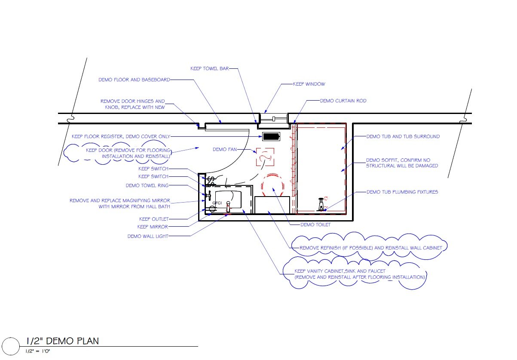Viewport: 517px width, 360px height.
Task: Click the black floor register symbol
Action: pyautogui.click(x=271, y=137)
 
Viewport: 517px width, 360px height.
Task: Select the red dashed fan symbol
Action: pyautogui.click(x=265, y=157)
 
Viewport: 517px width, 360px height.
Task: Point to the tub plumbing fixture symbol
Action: pyautogui.click(x=321, y=204)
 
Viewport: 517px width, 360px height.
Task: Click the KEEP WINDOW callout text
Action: pyautogui.click(x=309, y=84)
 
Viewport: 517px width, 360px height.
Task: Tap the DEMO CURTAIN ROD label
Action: pyautogui.click(x=343, y=101)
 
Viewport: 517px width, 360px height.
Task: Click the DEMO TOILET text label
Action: pyautogui.click(x=316, y=225)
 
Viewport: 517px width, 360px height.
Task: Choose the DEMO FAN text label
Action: pyautogui.click(x=223, y=149)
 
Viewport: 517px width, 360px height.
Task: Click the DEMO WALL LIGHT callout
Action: pyautogui.click(x=148, y=236)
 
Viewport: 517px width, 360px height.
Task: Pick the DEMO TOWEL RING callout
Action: pyautogui.click(x=147, y=185)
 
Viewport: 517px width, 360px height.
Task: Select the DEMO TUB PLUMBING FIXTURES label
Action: pyautogui.click(x=402, y=192)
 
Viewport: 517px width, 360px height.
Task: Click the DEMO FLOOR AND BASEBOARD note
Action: pyautogui.click(x=134, y=80)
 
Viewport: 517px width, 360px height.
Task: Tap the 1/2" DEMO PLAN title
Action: pyautogui.click(x=62, y=341)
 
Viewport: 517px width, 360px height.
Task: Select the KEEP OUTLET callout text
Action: pyautogui.click(x=154, y=219)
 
